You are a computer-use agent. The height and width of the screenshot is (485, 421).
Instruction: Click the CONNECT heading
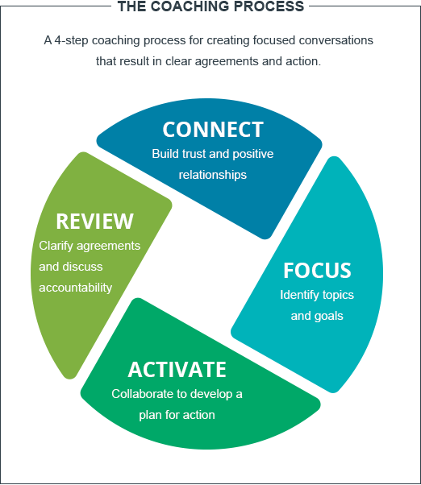tap(213, 130)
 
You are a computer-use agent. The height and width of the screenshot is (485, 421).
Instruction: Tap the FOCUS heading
tap(317, 270)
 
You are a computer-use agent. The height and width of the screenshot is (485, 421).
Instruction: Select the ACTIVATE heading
tap(177, 370)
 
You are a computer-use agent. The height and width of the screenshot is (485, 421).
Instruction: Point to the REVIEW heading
tap(94, 221)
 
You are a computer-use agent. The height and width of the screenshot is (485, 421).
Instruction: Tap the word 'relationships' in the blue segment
tap(213, 173)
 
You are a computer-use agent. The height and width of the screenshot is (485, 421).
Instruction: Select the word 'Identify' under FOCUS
tap(300, 295)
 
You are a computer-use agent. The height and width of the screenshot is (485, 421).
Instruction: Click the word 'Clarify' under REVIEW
tap(56, 246)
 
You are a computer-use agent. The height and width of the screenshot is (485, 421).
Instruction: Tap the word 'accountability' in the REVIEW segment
tap(75, 288)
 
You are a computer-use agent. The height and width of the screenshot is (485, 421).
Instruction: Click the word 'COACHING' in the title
tap(189, 6)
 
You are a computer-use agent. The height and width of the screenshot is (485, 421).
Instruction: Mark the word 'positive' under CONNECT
tap(250, 153)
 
